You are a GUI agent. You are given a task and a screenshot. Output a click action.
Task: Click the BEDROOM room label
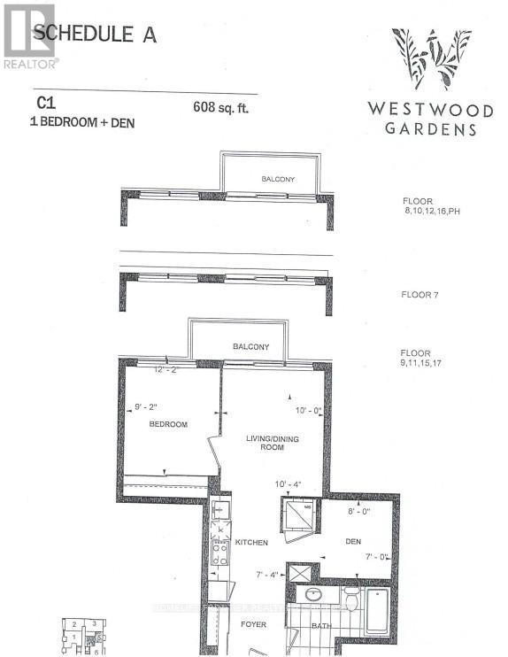click(168, 425)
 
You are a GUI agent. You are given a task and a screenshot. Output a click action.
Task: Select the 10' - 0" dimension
click(311, 410)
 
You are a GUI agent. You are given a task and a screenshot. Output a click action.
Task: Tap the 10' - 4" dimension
click(289, 483)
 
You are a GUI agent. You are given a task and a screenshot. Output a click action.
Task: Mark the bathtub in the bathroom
click(376, 610)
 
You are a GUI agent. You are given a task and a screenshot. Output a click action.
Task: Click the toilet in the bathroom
click(351, 601)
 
